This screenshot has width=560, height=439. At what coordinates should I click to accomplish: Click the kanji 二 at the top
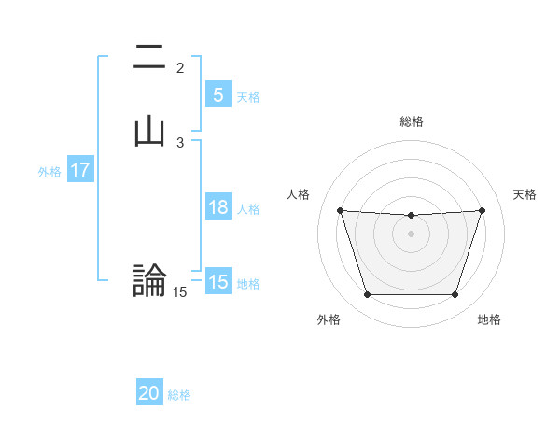[x=149, y=59]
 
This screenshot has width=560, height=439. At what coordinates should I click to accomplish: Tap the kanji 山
[x=149, y=131]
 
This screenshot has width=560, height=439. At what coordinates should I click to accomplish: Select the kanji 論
[x=149, y=279]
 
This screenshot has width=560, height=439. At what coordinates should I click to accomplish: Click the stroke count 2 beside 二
[x=180, y=68]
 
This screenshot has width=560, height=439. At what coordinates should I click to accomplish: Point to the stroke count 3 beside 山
[x=180, y=143]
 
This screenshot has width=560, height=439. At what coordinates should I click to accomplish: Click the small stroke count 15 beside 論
[x=180, y=292]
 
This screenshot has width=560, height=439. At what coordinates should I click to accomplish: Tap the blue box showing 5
[x=217, y=95]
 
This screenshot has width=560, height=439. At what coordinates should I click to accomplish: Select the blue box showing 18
[x=217, y=207]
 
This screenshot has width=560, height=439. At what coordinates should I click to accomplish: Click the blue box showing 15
[x=217, y=282]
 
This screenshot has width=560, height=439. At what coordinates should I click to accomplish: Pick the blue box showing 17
[x=79, y=171]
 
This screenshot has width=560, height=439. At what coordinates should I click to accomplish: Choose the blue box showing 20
[x=149, y=394]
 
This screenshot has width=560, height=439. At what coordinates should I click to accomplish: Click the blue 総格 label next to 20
[x=179, y=395]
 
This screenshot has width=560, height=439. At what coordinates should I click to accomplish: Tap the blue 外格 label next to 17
[x=49, y=172]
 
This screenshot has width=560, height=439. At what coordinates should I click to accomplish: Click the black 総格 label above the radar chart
[x=411, y=121]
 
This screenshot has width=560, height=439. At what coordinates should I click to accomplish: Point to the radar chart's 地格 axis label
[x=489, y=319]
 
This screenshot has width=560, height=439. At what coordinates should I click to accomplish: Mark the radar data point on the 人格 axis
[x=340, y=210]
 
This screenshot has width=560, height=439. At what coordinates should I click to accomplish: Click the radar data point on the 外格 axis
[x=367, y=295]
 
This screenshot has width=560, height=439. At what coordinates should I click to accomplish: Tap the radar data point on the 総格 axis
[x=411, y=216]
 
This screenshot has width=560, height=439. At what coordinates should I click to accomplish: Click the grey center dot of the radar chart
[x=411, y=234]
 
